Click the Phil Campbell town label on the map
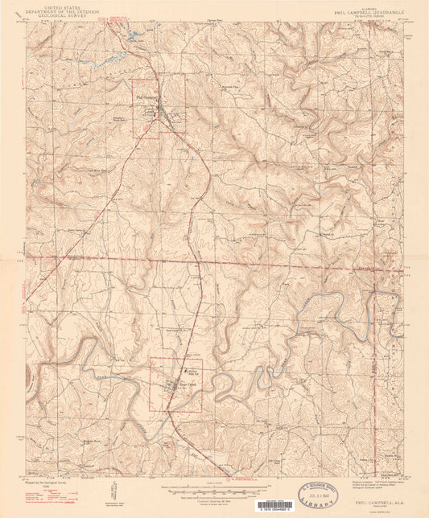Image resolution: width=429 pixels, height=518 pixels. [x=146, y=101]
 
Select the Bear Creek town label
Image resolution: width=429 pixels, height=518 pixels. [x=186, y=384]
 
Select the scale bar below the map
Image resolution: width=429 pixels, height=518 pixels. [x=214, y=487]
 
